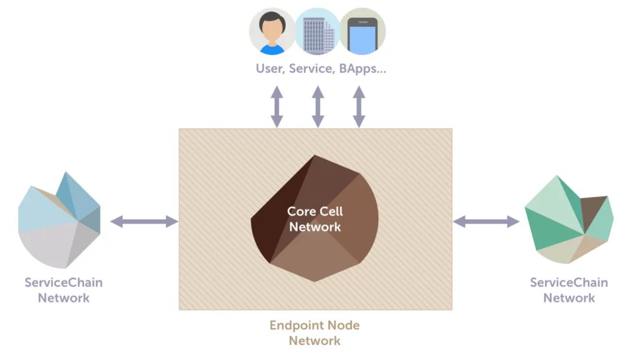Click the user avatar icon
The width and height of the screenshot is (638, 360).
click(272, 31)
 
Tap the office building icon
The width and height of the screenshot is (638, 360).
click(317, 31)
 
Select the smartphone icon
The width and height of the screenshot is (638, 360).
click(363, 31)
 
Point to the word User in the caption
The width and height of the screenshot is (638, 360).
click(270, 69)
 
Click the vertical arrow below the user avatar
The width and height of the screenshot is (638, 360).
click(277, 107)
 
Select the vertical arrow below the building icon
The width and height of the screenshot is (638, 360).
click(318, 107)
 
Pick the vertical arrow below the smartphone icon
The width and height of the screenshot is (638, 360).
click(359, 107)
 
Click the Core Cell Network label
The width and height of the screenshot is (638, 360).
click(315, 219)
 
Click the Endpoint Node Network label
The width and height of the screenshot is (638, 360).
click(315, 333)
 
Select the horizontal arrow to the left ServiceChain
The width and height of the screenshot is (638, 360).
click(144, 221)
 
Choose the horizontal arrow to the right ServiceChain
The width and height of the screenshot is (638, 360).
click(486, 221)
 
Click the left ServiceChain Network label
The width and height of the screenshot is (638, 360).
click(64, 290)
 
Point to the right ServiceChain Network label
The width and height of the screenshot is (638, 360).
click(569, 290)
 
